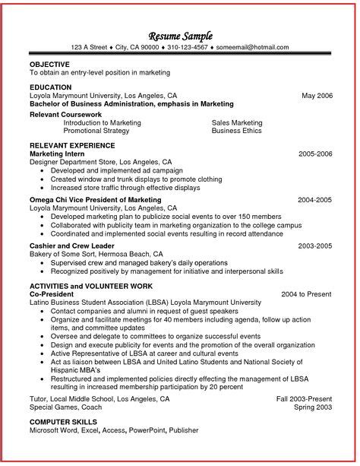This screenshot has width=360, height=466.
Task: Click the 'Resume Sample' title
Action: click(x=180, y=36)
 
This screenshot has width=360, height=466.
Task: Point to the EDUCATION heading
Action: click(x=50, y=87)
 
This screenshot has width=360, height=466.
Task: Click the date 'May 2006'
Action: click(x=317, y=96)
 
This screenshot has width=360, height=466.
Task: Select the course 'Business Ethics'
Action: click(x=236, y=130)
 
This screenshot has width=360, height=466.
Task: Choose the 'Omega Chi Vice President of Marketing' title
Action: click(x=96, y=199)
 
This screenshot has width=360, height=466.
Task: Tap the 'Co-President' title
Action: click(x=52, y=293)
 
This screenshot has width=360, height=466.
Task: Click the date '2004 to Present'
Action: click(x=307, y=293)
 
